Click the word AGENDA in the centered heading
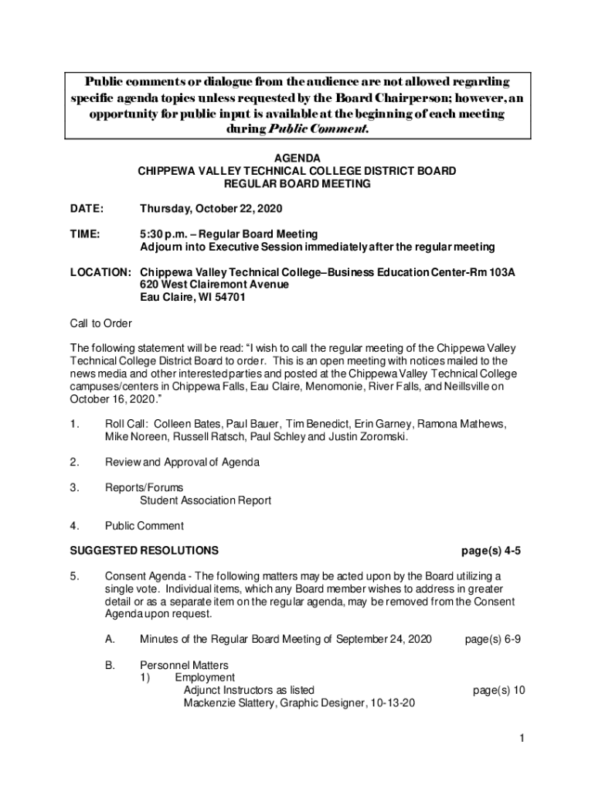click(297, 158)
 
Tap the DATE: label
click(86, 209)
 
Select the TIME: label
click(85, 234)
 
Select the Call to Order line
click(101, 323)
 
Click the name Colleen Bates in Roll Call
click(188, 424)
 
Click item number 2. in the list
click(74, 463)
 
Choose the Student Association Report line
click(206, 500)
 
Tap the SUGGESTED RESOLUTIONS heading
click(144, 551)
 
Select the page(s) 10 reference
click(499, 690)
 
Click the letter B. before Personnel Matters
click(110, 665)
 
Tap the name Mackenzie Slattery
click(229, 703)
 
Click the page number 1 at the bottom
click(522, 739)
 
